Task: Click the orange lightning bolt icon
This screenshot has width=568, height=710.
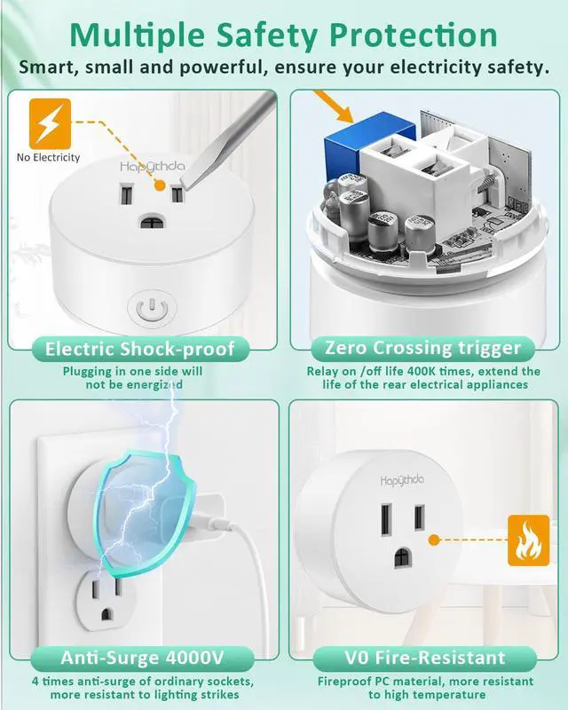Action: pyautogui.click(x=50, y=123)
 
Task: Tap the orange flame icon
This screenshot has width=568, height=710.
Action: pyautogui.click(x=528, y=540)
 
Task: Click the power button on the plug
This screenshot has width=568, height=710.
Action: pyautogui.click(x=152, y=308)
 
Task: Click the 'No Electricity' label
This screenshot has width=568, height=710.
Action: pyautogui.click(x=48, y=158)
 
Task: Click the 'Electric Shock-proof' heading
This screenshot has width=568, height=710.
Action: pyautogui.click(x=140, y=349)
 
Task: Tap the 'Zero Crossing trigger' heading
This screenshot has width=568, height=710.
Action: pyautogui.click(x=423, y=348)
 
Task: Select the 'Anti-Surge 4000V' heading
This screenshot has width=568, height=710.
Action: pyautogui.click(x=142, y=658)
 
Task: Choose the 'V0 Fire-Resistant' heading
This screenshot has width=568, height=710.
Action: pyautogui.click(x=425, y=658)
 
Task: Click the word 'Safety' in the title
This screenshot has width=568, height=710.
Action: pyautogui.click(x=268, y=35)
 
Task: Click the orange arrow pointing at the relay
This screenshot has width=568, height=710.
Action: pyautogui.click(x=333, y=106)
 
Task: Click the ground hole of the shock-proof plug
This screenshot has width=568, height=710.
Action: pyautogui.click(x=152, y=223)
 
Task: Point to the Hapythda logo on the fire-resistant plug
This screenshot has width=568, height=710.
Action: pyautogui.click(x=402, y=480)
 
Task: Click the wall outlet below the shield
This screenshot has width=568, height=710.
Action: pyautogui.click(x=106, y=602)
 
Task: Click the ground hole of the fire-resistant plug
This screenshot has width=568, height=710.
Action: pyautogui.click(x=403, y=558)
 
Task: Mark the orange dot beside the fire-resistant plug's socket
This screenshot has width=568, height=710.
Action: pyautogui.click(x=434, y=540)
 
